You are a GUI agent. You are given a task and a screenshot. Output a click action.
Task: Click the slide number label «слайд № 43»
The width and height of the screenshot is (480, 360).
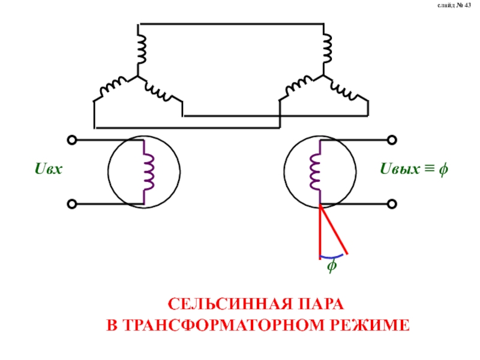(x=455, y=6)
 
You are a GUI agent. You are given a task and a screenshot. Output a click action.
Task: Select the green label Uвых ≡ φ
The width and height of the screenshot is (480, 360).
(x=414, y=170)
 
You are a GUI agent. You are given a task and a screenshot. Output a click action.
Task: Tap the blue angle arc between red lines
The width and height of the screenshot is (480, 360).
(x=331, y=257)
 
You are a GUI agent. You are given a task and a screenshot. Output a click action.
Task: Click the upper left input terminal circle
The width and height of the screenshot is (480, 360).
(x=72, y=140)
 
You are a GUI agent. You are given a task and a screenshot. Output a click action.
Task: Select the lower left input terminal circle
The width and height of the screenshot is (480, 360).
(x=72, y=205)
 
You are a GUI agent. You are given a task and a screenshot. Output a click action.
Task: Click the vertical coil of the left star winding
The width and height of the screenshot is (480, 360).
(x=142, y=48)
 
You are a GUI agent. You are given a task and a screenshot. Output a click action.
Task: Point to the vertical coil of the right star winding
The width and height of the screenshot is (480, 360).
(x=327, y=48)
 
